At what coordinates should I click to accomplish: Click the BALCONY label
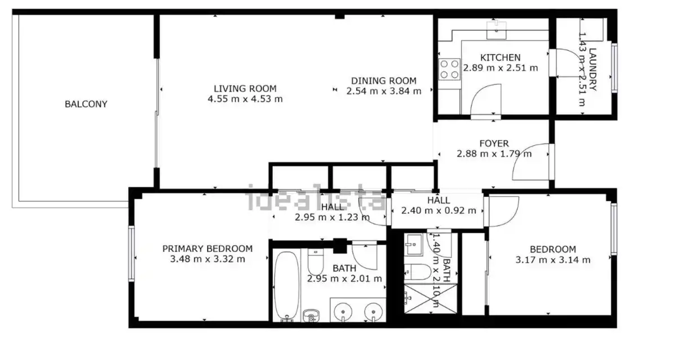86,104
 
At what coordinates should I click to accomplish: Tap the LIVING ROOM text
245,88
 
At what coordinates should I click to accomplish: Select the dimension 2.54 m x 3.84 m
384,91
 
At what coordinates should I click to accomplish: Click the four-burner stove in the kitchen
449,69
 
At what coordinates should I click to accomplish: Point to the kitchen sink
496,30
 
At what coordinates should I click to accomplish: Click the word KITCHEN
500,57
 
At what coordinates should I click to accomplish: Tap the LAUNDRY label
593,69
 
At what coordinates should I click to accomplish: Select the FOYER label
494,143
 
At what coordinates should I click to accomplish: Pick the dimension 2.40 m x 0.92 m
438,210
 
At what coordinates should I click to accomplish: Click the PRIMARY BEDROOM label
208,249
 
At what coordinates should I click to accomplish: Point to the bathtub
286,286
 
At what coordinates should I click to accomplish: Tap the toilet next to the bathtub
316,262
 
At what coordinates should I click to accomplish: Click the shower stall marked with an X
431,299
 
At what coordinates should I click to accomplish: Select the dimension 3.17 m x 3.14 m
553,260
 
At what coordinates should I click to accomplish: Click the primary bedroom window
132,254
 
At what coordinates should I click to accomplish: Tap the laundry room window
614,68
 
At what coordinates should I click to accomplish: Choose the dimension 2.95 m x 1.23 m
332,217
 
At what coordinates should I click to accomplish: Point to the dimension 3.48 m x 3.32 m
208,259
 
